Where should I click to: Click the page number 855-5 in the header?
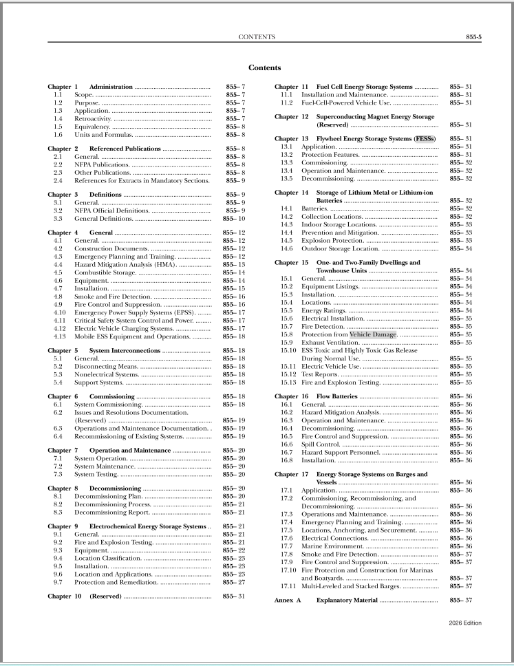point(473,36)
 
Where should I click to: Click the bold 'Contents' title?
point(264,68)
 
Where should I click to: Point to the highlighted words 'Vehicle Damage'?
point(374,334)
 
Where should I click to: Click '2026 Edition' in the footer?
point(462,623)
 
